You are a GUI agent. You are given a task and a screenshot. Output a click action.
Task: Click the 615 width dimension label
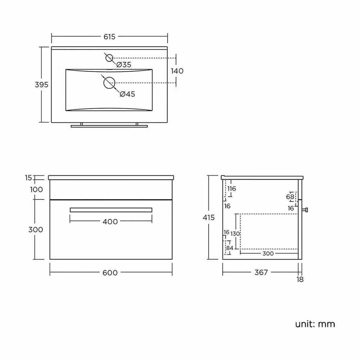[109, 37]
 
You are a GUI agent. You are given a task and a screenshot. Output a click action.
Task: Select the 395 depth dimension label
[41, 85]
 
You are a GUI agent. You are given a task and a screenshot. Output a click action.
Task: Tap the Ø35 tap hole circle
[109, 58]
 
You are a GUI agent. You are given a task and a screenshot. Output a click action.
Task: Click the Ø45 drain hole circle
[109, 83]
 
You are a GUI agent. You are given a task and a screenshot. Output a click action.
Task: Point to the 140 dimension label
[177, 71]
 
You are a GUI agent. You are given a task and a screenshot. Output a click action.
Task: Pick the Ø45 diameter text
[127, 94]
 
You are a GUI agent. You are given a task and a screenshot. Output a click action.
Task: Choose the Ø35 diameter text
[124, 65]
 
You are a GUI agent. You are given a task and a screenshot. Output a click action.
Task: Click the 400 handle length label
[110, 221]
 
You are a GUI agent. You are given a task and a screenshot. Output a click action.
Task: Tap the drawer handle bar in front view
[111, 210]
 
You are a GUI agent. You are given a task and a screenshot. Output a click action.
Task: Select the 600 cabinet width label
[110, 273]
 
